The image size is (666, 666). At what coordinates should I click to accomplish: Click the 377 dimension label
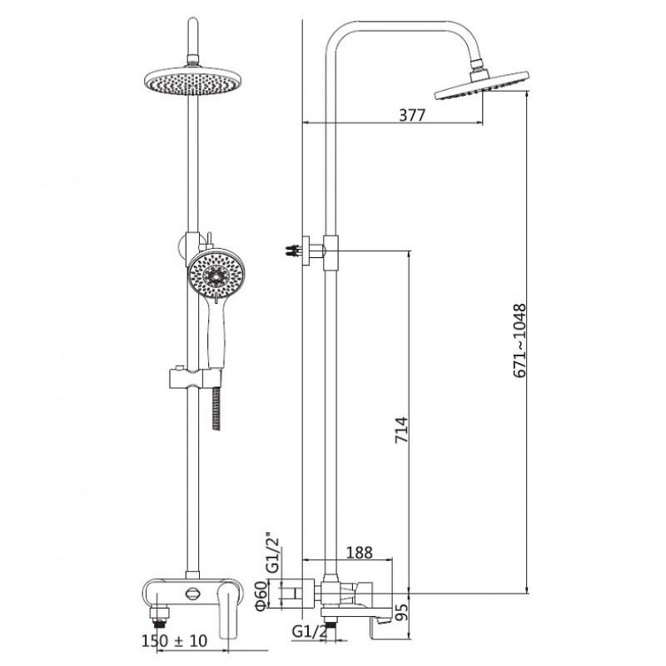point(411,115)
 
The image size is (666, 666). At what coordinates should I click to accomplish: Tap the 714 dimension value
point(401,430)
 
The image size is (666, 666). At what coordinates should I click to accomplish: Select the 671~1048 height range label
point(519,340)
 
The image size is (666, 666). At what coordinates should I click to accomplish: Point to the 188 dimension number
point(360,553)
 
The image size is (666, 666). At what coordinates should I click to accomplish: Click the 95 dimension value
point(402,612)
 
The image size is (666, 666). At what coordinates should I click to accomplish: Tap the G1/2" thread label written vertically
point(273,553)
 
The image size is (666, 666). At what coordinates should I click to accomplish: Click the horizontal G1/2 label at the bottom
point(310,632)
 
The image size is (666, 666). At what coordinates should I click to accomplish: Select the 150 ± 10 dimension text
point(174,640)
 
